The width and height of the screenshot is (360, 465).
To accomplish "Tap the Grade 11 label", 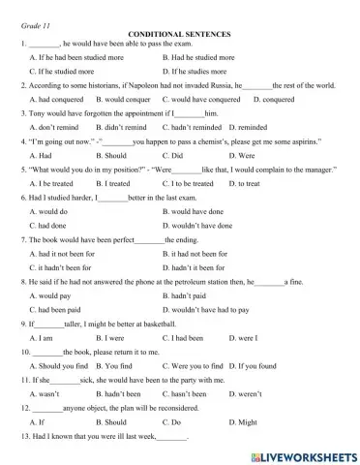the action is [x=36, y=18].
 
